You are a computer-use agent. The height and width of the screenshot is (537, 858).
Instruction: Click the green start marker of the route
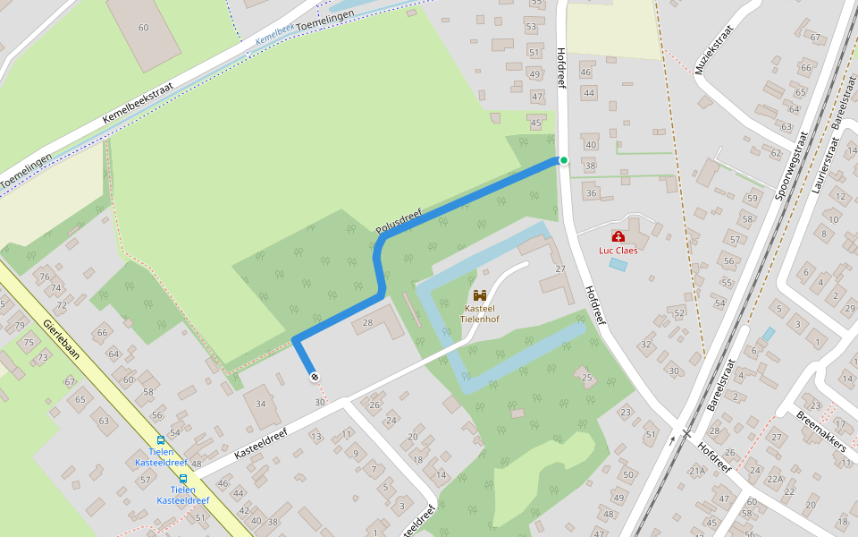coord(563,160)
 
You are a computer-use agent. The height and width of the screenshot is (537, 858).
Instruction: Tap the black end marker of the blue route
coord(314,377)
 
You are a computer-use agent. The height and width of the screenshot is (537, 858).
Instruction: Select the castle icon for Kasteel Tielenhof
coord(480,294)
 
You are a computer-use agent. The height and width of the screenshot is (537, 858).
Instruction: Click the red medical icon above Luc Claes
coord(618,236)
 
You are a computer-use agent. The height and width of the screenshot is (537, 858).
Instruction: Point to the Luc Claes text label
coord(618,251)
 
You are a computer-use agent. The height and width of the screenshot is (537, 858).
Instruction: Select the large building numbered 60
coord(143,29)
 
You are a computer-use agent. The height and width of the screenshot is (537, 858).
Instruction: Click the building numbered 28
coord(367,322)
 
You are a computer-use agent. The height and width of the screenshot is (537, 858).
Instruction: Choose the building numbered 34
coord(260,404)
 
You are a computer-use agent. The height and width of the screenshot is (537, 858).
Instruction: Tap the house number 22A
coord(774,480)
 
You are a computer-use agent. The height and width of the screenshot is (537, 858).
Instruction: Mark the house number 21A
coord(697,470)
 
